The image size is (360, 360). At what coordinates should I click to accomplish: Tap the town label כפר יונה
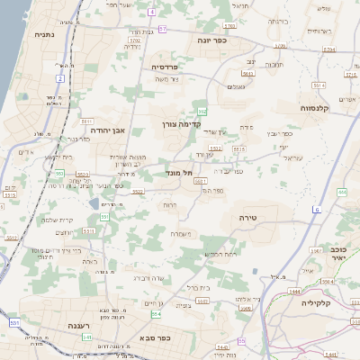click(208, 40)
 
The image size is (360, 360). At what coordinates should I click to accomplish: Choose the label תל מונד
click(180, 172)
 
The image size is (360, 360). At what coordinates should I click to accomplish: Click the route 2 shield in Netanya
click(59, 78)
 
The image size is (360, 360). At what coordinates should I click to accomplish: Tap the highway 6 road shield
click(317, 209)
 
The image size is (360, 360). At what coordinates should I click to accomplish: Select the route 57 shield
click(162, 29)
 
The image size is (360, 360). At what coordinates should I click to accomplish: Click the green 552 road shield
click(202, 111)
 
